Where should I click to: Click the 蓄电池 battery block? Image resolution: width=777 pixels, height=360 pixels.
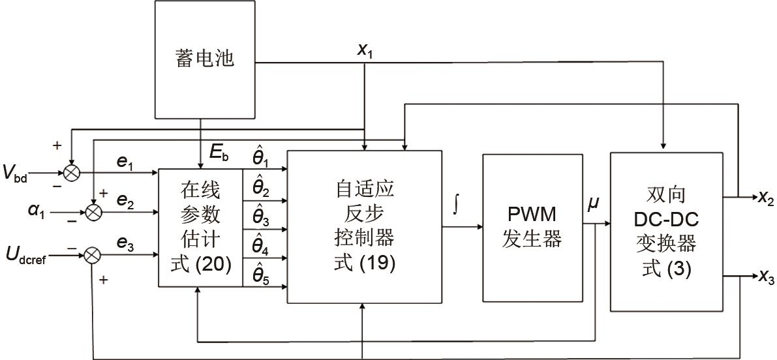(204, 59)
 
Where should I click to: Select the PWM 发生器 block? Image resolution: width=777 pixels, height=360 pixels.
(532, 228)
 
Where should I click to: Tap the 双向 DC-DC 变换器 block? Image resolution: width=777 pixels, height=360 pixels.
(666, 232)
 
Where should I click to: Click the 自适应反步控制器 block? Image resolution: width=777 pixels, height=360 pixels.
(364, 226)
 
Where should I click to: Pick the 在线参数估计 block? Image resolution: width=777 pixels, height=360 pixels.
(200, 227)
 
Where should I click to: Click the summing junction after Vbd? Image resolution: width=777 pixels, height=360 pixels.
(70, 173)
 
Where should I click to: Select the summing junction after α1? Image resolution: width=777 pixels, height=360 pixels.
(94, 213)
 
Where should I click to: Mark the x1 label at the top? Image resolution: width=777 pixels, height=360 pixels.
(365, 51)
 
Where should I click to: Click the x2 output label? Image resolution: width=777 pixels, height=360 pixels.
(765, 200)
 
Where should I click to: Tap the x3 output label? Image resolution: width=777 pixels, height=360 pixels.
(765, 278)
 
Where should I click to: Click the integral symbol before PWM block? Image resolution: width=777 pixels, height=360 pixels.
(455, 206)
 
